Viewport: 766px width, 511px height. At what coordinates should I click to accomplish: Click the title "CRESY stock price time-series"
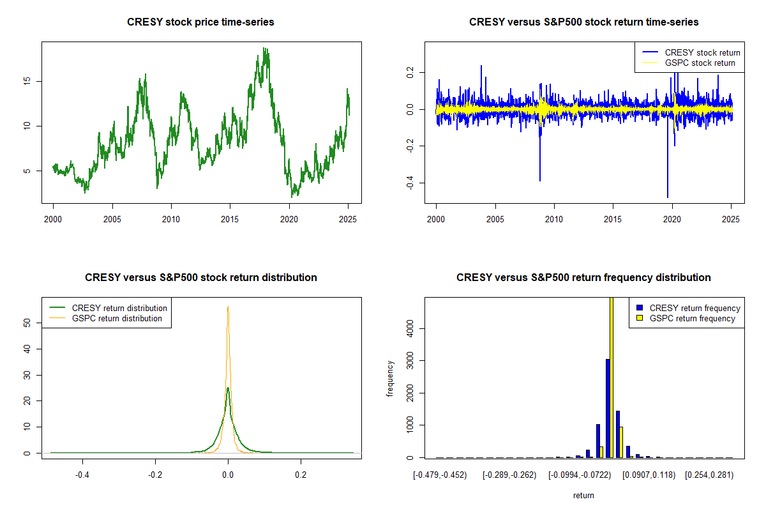(x=200, y=22)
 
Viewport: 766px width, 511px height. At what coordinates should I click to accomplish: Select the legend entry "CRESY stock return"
(x=702, y=52)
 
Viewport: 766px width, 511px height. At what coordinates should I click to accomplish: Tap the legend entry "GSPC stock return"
(x=700, y=63)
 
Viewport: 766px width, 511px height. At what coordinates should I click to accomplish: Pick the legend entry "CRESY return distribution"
(x=119, y=308)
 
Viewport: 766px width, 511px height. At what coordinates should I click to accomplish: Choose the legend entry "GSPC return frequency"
(x=692, y=318)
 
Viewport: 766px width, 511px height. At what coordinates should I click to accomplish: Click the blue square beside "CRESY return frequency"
(x=640, y=308)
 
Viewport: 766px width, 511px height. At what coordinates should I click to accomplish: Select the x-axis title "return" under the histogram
(x=583, y=495)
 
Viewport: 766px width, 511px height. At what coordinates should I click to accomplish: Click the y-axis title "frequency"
(x=390, y=378)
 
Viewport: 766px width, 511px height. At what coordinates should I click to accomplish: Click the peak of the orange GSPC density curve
(x=228, y=307)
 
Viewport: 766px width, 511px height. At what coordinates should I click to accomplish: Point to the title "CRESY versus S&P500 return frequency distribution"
(x=583, y=278)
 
